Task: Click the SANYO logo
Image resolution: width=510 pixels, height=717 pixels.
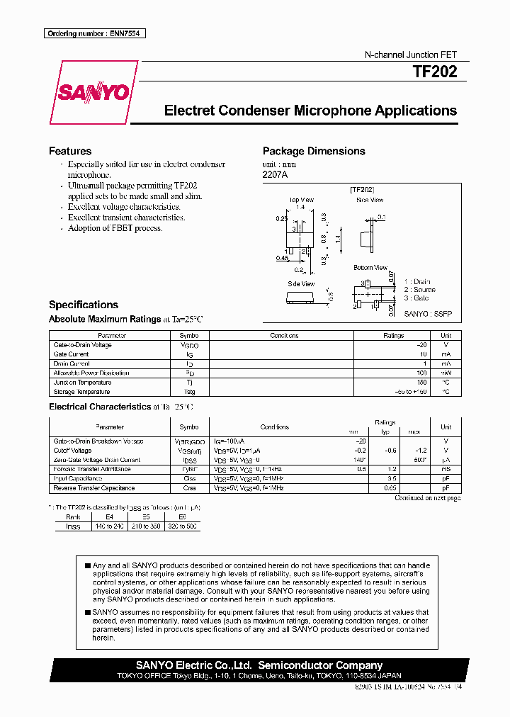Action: click(94, 93)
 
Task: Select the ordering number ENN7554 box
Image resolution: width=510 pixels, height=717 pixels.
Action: click(94, 34)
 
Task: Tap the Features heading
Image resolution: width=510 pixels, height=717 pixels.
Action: click(70, 151)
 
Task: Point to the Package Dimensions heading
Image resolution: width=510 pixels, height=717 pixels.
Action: click(314, 151)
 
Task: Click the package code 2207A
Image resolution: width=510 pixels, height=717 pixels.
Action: click(276, 174)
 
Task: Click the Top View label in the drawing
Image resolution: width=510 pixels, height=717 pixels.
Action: click(301, 200)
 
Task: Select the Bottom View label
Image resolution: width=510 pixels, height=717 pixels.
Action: click(370, 268)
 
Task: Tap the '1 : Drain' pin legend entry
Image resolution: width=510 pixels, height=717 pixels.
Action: click(417, 281)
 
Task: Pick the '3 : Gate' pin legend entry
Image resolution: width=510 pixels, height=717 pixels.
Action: click(416, 298)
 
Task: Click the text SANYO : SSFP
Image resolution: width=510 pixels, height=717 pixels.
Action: click(428, 312)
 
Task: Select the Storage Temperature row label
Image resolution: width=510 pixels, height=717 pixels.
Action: click(81, 392)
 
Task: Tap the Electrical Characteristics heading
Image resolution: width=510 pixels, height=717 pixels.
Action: click(99, 407)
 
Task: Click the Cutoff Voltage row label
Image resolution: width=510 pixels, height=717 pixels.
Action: click(72, 451)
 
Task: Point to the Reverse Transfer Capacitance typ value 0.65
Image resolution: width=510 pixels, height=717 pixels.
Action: click(389, 488)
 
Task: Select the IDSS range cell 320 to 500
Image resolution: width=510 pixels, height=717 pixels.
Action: click(183, 527)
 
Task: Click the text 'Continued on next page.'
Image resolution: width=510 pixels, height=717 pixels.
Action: click(427, 499)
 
